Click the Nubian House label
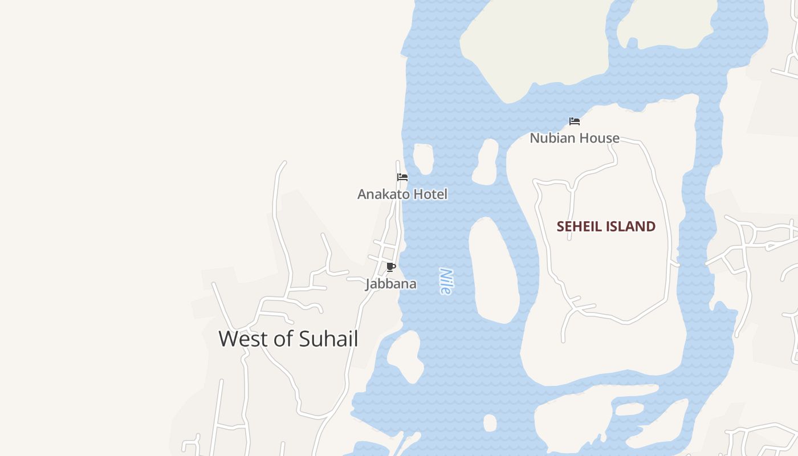pos(575,138)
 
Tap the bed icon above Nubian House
pos(575,121)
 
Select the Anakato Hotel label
pos(402,194)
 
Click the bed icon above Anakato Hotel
pos(402,177)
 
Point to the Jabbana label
pos(391,284)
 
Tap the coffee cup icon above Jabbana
pos(390,267)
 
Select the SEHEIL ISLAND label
pos(606,226)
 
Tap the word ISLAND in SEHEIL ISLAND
pos(630,226)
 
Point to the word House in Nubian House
pos(598,138)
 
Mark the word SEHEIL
pos(579,226)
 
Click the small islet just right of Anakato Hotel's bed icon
pos(423,158)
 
